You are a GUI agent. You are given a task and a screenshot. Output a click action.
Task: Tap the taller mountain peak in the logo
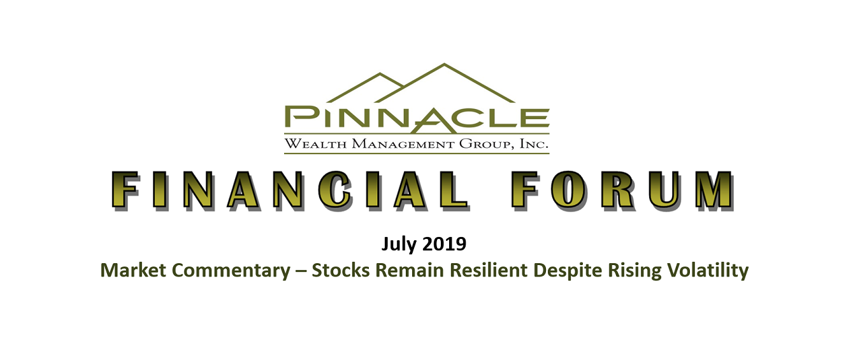click(444, 64)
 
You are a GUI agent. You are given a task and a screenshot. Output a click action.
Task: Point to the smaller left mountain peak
click(380, 73)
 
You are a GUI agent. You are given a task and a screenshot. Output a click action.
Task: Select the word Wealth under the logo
click(316, 144)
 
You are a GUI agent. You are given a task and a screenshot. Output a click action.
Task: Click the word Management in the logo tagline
click(403, 144)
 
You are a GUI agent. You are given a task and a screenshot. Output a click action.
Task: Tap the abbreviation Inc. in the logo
click(534, 144)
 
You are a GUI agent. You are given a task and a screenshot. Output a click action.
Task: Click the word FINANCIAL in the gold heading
click(290, 191)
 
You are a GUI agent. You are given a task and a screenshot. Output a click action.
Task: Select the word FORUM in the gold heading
click(622, 191)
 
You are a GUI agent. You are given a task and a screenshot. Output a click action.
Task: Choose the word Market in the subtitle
click(133, 270)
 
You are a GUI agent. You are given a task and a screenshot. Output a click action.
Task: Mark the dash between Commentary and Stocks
click(301, 271)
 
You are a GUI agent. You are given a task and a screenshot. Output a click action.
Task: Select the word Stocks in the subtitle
click(341, 270)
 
